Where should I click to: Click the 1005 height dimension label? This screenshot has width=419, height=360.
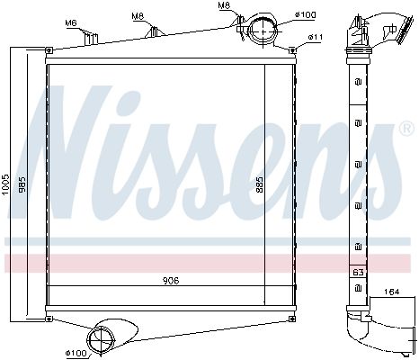6,184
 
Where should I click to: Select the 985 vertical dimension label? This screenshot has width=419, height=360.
22,184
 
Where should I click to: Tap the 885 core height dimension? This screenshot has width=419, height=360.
259,184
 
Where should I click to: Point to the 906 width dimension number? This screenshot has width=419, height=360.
171,281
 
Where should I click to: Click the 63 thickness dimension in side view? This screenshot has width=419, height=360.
358,272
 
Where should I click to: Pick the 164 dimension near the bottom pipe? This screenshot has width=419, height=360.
391,292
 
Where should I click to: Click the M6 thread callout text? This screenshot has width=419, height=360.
71,22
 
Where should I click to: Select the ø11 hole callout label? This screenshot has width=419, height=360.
316,37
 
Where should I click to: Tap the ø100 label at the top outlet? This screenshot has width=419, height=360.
306,14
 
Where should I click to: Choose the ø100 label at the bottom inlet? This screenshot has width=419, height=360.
76,353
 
